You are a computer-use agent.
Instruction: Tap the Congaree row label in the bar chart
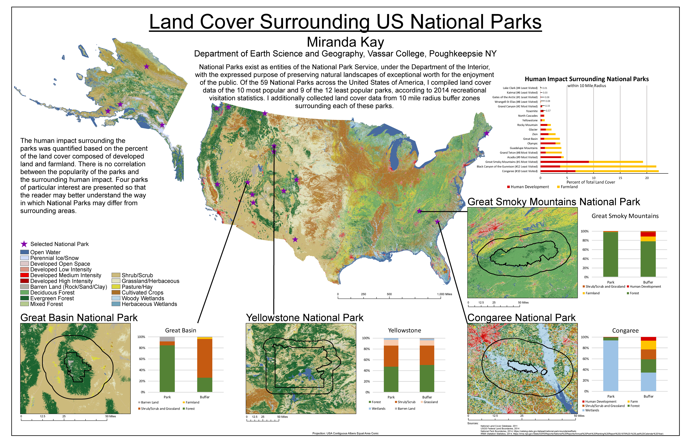point(520,171)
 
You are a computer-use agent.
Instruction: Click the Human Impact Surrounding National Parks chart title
point(586,79)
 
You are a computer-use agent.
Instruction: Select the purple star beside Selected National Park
point(24,244)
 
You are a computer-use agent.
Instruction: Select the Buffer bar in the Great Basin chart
point(205,366)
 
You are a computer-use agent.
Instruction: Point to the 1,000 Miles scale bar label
point(444,294)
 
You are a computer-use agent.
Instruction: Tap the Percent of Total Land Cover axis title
point(591,182)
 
